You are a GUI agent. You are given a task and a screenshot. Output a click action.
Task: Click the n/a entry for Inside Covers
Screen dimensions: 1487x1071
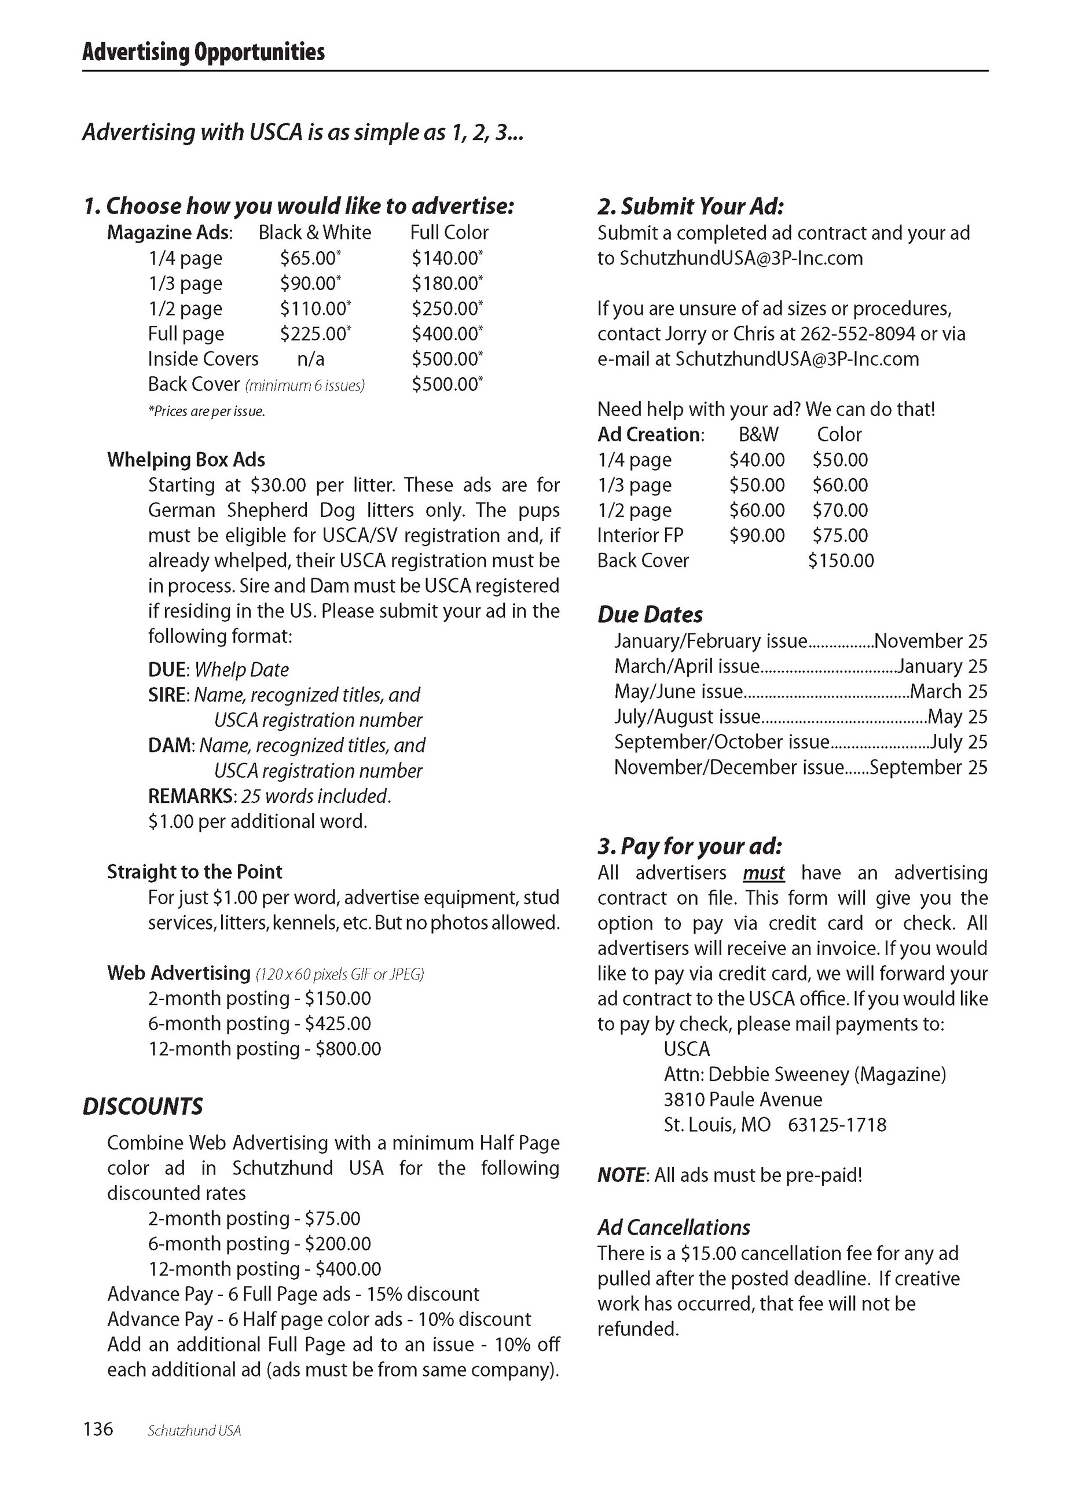[310, 359]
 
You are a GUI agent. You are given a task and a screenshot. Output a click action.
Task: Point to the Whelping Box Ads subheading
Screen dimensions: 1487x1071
[186, 460]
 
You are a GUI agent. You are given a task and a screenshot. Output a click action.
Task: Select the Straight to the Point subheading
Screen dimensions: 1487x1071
[194, 872]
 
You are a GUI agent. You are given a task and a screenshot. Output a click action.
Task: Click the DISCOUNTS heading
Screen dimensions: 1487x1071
[142, 1107]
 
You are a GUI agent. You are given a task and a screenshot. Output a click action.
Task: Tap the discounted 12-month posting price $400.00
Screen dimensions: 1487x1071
[349, 1269]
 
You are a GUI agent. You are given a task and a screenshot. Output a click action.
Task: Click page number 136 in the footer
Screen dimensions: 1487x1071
[98, 1429]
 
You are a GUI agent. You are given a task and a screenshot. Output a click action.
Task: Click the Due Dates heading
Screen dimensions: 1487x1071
[650, 615]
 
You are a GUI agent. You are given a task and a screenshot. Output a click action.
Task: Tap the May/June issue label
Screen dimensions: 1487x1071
[678, 692]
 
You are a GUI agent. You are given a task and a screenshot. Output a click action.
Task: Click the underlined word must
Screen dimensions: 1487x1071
[764, 873]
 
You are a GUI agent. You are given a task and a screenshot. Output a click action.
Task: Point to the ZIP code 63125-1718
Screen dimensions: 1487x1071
[837, 1125]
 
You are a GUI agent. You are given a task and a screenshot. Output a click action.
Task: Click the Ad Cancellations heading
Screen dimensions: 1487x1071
[673, 1227]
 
